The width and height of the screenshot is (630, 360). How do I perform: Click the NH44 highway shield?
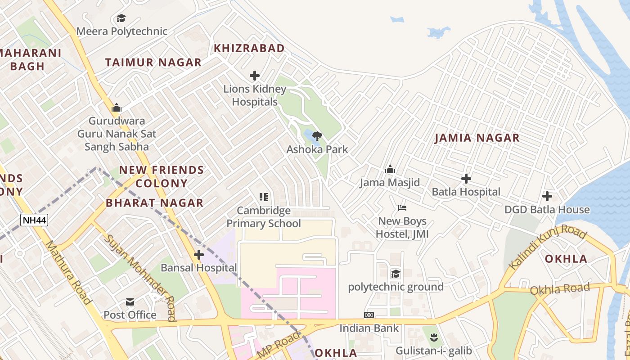(34, 220)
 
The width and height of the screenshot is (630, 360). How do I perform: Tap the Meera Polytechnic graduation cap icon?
(121, 18)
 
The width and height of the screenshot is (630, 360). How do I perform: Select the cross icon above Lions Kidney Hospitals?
(255, 76)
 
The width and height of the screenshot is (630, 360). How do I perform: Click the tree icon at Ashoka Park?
(317, 136)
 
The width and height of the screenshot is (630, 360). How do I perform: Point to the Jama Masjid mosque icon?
(390, 170)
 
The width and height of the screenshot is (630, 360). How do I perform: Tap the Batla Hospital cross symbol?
(466, 179)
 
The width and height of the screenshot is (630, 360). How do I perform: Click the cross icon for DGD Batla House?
(547, 196)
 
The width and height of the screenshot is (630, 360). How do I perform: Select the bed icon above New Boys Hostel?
(402, 208)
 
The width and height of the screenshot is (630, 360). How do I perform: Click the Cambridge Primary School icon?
(264, 197)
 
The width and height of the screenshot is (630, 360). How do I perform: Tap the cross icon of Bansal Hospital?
(199, 255)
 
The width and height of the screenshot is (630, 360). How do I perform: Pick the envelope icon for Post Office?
(130, 301)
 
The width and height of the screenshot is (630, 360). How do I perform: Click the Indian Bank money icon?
(369, 315)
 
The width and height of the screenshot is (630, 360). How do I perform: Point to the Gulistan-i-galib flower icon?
(434, 337)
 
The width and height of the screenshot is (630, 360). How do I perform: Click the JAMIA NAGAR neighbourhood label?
(477, 138)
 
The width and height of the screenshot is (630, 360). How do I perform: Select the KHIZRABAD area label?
(249, 48)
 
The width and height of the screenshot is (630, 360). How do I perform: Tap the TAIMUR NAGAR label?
(153, 63)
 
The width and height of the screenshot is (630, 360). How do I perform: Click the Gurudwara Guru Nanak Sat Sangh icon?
(117, 108)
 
